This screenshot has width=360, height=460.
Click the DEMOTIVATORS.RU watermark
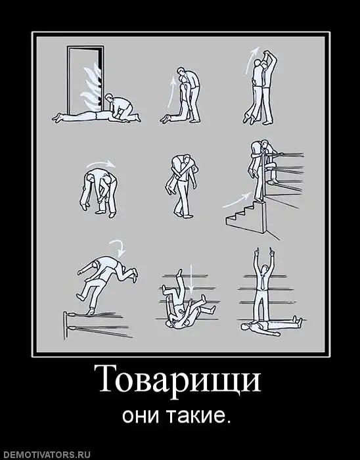coord(46,455)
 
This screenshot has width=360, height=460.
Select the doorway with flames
coord(85,80)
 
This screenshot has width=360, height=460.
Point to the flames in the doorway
coord(91,85)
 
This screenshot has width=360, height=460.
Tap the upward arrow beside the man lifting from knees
coord(171,91)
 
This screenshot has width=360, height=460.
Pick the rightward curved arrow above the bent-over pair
coord(101,162)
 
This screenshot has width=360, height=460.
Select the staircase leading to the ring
coord(248,216)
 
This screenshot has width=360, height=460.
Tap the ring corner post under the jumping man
coord(66,326)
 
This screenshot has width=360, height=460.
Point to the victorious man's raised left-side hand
coord(256,253)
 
